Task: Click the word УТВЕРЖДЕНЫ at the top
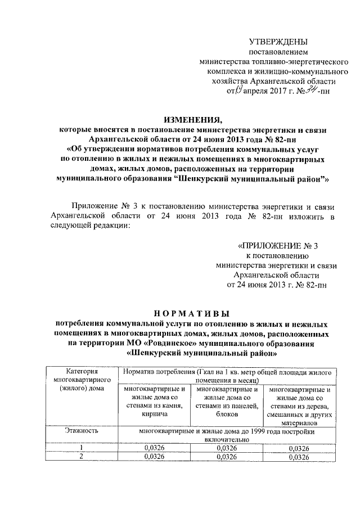tap(278, 42)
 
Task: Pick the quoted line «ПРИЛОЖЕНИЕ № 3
tap(279, 246)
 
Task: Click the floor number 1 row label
tap(82, 448)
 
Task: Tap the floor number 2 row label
tap(82, 457)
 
